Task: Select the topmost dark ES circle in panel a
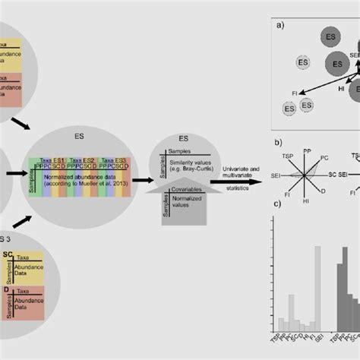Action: click(x=330, y=36)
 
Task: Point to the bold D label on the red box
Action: click(x=7, y=289)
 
